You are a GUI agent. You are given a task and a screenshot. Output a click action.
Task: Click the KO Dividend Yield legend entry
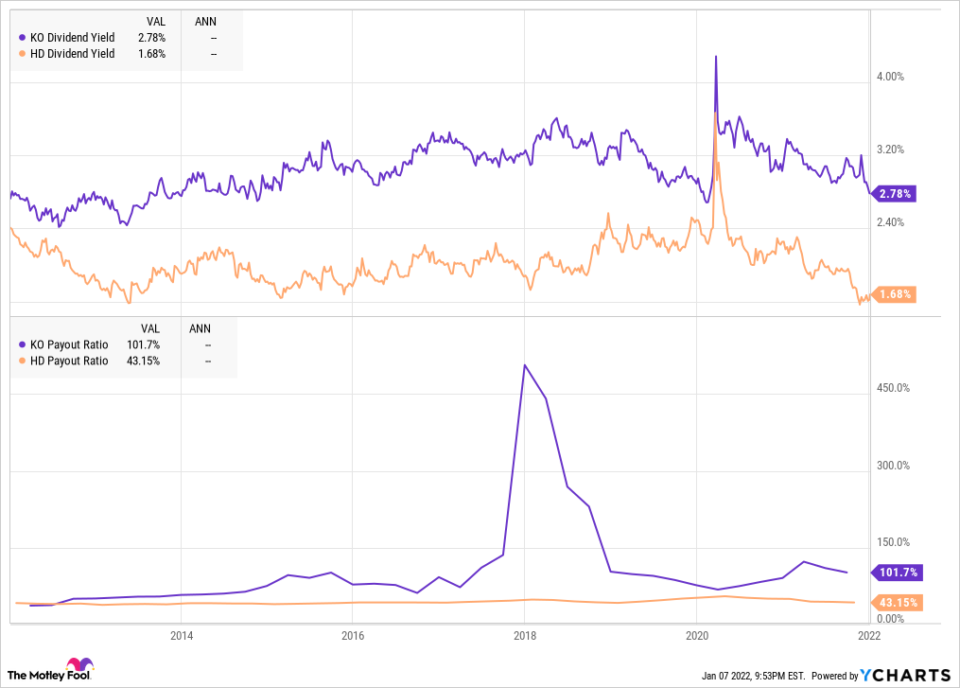click(66, 37)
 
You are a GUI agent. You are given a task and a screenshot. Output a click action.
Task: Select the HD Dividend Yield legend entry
click(66, 54)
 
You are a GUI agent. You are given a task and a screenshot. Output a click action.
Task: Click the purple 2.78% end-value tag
click(894, 194)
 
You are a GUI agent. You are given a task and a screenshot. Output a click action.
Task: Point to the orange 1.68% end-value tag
click(894, 294)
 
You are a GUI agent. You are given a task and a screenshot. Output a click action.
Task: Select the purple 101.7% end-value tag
click(894, 573)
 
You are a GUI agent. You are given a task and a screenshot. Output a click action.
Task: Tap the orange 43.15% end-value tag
click(894, 602)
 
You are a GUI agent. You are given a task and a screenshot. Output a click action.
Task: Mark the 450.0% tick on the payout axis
click(892, 388)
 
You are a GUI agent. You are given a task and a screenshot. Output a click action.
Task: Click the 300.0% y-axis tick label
click(892, 466)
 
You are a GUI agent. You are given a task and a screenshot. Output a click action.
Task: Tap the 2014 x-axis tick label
click(182, 635)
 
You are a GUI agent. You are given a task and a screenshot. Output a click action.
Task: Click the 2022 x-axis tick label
click(868, 635)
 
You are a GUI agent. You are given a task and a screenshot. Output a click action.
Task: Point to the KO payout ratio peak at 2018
click(525, 365)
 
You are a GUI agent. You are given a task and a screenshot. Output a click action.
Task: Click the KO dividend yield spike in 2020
click(715, 57)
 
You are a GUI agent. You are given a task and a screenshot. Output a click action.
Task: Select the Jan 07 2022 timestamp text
click(753, 676)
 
